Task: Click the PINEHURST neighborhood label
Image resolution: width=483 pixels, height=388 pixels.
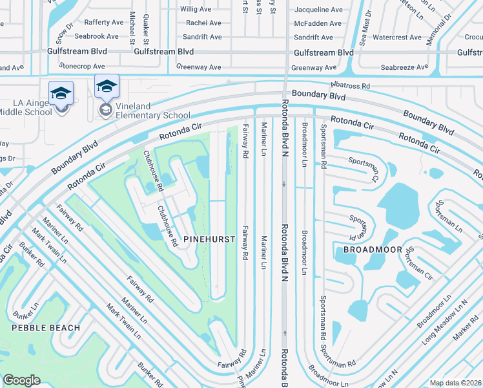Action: (x=209, y=239)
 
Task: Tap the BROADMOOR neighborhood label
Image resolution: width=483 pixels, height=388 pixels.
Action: (x=373, y=250)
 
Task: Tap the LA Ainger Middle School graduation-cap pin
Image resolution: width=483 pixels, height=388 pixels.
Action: (x=61, y=94)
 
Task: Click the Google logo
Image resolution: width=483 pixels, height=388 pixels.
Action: (x=21, y=380)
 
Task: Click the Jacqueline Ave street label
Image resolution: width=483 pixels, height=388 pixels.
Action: (x=318, y=10)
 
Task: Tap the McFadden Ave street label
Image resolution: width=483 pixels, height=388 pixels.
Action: (x=318, y=23)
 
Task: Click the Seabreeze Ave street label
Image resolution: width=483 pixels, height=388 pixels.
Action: (x=404, y=67)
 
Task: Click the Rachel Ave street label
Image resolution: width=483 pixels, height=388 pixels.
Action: (x=204, y=23)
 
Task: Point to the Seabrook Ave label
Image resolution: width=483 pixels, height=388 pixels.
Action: (x=96, y=37)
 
